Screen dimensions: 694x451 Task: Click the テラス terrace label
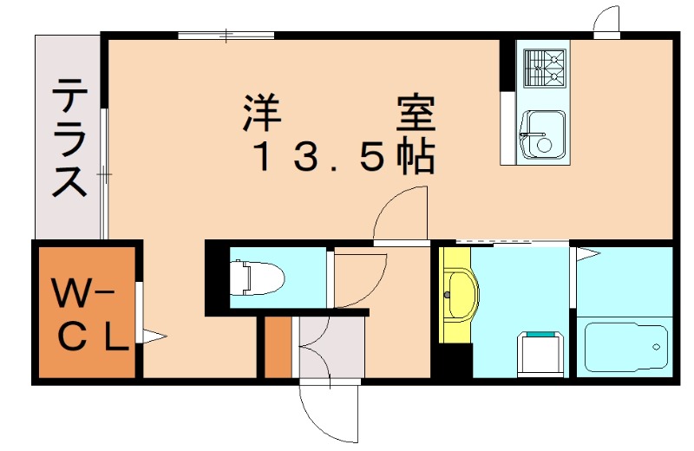point(69,138)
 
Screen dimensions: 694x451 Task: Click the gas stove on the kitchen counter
point(545,68)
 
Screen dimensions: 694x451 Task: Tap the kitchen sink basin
point(543,134)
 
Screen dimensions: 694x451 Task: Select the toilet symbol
point(257,278)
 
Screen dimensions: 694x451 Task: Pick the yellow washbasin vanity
point(458,294)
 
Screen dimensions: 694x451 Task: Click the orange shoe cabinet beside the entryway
point(278,347)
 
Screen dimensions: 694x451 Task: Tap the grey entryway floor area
point(332,347)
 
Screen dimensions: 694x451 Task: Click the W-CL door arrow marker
point(154,337)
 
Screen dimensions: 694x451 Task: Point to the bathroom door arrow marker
point(587,253)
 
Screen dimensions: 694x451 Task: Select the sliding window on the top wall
point(226,35)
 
